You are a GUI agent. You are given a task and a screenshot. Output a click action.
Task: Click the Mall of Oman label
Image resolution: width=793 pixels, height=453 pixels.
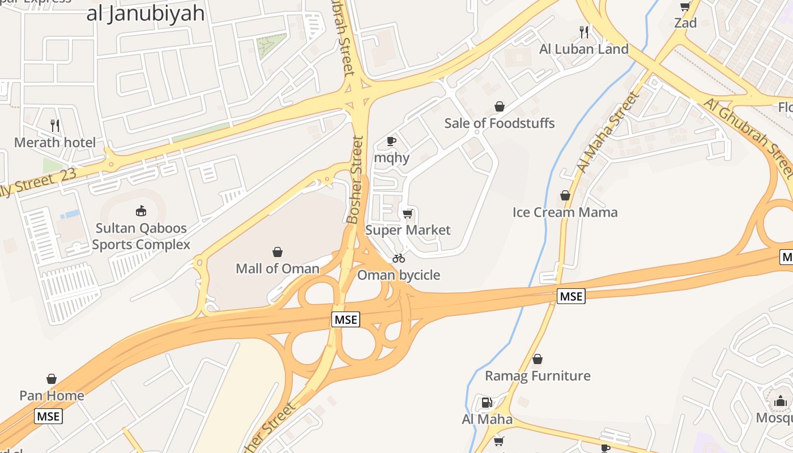coord(278,268)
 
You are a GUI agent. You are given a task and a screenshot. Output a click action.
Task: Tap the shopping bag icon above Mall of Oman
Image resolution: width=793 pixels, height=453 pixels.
coord(278,252)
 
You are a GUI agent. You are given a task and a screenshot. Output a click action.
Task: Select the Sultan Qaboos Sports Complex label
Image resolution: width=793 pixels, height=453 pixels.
coord(141,237)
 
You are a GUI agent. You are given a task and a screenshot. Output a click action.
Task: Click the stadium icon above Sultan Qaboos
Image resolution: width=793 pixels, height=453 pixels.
coord(141,211)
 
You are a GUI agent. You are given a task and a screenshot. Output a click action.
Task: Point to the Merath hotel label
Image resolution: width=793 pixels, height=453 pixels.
coord(55,142)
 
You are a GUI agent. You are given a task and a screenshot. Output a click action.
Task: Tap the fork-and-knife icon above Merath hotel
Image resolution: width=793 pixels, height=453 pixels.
coord(55,125)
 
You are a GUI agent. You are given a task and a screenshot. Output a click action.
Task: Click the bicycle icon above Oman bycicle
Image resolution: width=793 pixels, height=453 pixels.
coord(399,259)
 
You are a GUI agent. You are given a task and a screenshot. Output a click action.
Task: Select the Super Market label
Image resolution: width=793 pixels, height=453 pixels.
coord(408,230)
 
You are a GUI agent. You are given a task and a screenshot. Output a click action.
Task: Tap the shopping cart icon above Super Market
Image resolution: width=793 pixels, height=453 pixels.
coord(407,213)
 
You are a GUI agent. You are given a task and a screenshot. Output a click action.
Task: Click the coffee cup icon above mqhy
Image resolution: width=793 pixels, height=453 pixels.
coord(391,141)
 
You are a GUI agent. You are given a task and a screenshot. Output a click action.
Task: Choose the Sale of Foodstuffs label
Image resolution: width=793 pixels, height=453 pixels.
coord(500,123)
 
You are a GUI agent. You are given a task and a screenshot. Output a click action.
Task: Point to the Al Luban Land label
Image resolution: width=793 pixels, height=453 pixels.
coord(584,49)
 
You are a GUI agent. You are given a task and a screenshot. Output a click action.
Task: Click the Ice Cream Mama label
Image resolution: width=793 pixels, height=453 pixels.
coord(565,212)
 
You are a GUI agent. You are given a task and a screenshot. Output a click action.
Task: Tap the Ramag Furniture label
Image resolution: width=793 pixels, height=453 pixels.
coord(538,376)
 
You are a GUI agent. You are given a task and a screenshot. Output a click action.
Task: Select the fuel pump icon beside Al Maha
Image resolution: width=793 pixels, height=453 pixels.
coord(486,403)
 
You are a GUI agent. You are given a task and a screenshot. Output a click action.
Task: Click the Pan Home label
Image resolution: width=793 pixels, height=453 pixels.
coord(52,395)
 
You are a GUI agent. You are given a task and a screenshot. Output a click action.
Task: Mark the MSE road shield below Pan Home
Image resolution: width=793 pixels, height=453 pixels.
coord(48,416)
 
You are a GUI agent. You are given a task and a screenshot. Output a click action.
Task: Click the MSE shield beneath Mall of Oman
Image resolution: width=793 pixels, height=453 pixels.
coord(346,319)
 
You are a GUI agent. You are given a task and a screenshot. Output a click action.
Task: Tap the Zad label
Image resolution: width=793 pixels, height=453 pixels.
coord(685,23)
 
